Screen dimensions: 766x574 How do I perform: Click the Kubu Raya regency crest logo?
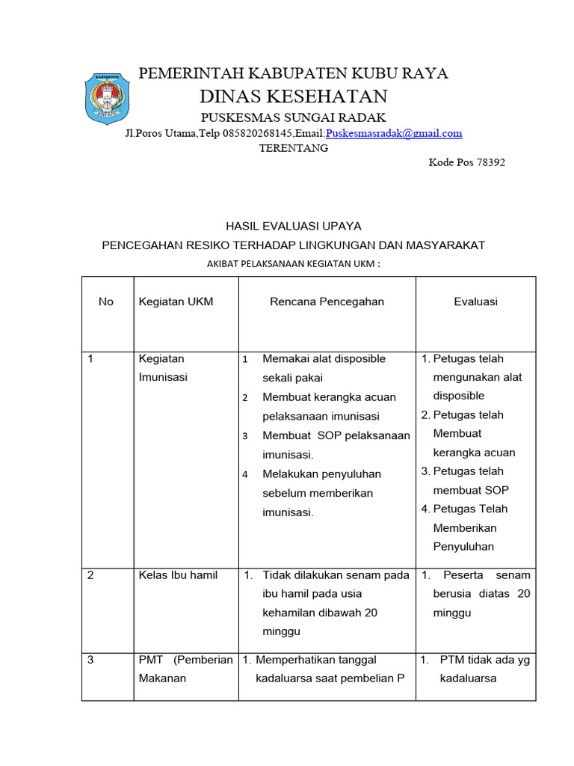(110, 97)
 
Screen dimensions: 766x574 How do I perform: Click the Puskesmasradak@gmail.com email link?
(394, 133)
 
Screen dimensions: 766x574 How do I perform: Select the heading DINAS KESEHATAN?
(293, 96)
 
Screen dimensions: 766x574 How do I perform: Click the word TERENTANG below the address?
(293, 148)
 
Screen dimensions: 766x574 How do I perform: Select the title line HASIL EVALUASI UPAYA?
(293, 225)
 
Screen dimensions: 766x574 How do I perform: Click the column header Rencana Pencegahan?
(327, 301)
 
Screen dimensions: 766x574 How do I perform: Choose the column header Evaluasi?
(475, 301)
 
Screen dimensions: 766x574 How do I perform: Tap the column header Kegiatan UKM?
(176, 301)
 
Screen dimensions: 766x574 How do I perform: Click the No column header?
(106, 301)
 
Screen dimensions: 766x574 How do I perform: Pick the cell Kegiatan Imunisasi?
(162, 368)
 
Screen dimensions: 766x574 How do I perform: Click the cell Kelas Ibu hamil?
(178, 574)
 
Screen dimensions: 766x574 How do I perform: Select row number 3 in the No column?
(90, 660)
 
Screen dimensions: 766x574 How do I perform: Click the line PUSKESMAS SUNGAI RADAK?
(293, 117)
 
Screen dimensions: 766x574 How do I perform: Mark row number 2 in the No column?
(90, 574)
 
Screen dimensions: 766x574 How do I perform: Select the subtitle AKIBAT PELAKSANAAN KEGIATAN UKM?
(293, 263)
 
